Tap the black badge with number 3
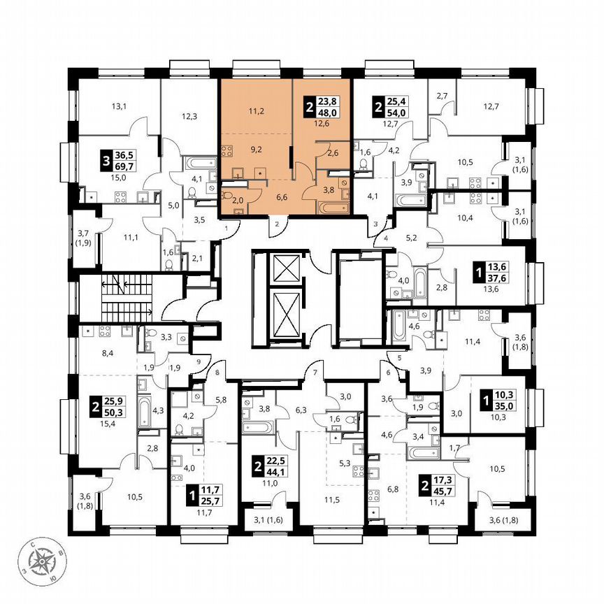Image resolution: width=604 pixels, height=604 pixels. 106,164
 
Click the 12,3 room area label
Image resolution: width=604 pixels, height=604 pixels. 189,117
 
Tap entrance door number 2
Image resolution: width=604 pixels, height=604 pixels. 277,224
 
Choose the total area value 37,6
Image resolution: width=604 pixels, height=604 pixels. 500,279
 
